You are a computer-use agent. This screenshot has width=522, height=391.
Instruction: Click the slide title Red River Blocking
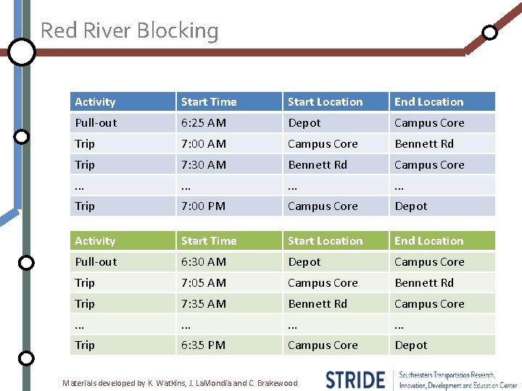(129, 30)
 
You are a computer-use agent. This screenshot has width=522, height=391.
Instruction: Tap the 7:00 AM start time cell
(204, 144)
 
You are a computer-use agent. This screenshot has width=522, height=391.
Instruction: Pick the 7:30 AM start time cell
(204, 165)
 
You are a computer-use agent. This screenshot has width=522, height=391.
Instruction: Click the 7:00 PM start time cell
(204, 206)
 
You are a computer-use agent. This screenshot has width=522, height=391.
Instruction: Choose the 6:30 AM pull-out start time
(204, 262)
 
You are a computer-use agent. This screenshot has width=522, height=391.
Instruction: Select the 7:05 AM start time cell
(204, 283)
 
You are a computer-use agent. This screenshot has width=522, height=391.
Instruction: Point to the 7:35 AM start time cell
(204, 304)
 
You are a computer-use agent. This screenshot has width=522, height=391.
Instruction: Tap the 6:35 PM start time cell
(204, 345)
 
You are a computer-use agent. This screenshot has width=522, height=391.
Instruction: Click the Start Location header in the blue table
(325, 102)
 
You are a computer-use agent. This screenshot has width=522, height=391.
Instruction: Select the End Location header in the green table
(428, 241)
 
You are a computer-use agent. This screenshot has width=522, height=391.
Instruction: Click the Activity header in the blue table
(95, 102)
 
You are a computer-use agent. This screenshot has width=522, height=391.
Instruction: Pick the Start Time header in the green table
(209, 241)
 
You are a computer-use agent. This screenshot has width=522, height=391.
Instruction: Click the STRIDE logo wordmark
(355, 379)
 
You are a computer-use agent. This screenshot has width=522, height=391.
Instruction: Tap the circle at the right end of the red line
(490, 33)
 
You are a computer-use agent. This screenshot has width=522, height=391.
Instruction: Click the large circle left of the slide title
(22, 52)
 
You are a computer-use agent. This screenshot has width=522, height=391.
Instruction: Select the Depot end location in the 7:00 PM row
(411, 206)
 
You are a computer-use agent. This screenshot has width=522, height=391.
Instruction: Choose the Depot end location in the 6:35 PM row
(411, 345)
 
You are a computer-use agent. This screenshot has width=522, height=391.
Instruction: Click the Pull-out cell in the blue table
(96, 123)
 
